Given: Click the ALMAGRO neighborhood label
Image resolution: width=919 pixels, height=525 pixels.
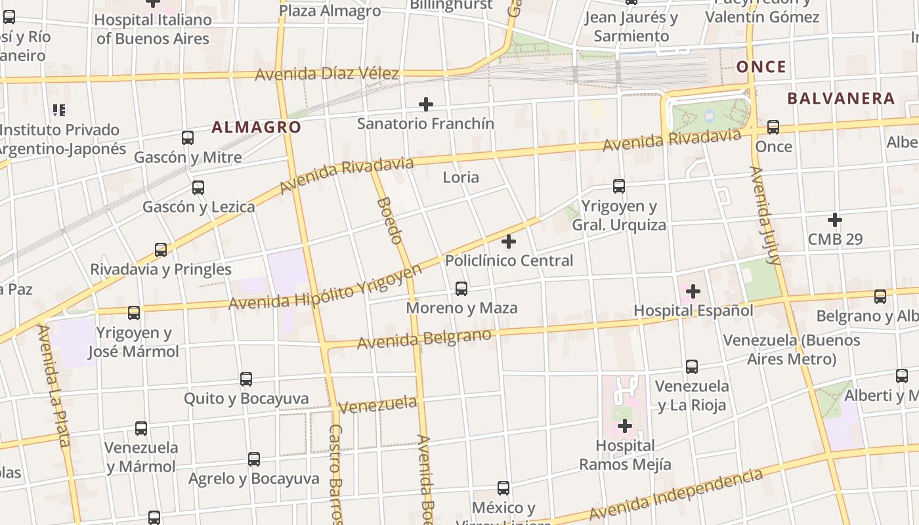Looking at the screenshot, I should (x=256, y=127).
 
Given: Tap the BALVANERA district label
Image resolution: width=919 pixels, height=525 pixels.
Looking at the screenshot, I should (x=841, y=98).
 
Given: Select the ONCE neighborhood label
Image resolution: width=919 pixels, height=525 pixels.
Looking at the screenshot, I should (x=761, y=67).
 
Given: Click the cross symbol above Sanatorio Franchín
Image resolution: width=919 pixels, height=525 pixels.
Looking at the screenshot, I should (x=426, y=104).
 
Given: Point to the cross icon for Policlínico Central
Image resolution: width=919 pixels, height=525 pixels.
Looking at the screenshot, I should (x=509, y=241).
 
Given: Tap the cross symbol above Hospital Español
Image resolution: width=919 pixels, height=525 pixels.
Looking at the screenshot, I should (x=693, y=291).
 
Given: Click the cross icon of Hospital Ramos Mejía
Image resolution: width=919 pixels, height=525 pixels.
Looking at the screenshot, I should (x=625, y=427).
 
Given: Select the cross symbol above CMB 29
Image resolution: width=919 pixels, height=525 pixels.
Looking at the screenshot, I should (x=835, y=219).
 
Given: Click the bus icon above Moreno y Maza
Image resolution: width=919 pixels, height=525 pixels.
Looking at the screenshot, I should (x=461, y=288).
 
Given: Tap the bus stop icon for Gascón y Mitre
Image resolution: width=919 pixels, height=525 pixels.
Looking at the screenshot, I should (x=188, y=138).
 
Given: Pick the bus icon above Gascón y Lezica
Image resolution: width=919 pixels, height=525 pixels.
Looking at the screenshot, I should (x=198, y=188).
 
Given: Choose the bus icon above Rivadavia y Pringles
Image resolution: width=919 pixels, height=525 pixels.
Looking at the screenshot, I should (x=161, y=250).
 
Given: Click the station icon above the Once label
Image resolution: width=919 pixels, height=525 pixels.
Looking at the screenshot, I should (x=773, y=127).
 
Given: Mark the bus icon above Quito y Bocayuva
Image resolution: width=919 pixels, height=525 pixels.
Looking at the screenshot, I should (x=246, y=379).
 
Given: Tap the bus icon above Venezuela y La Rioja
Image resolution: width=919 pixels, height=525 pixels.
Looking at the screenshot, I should (x=692, y=367).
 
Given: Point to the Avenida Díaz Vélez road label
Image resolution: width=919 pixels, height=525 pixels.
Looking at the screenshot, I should (x=326, y=73).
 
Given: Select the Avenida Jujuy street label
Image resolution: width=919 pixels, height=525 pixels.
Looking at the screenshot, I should (x=765, y=215).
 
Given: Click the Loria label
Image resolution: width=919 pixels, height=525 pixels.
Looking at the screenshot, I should (x=461, y=177).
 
